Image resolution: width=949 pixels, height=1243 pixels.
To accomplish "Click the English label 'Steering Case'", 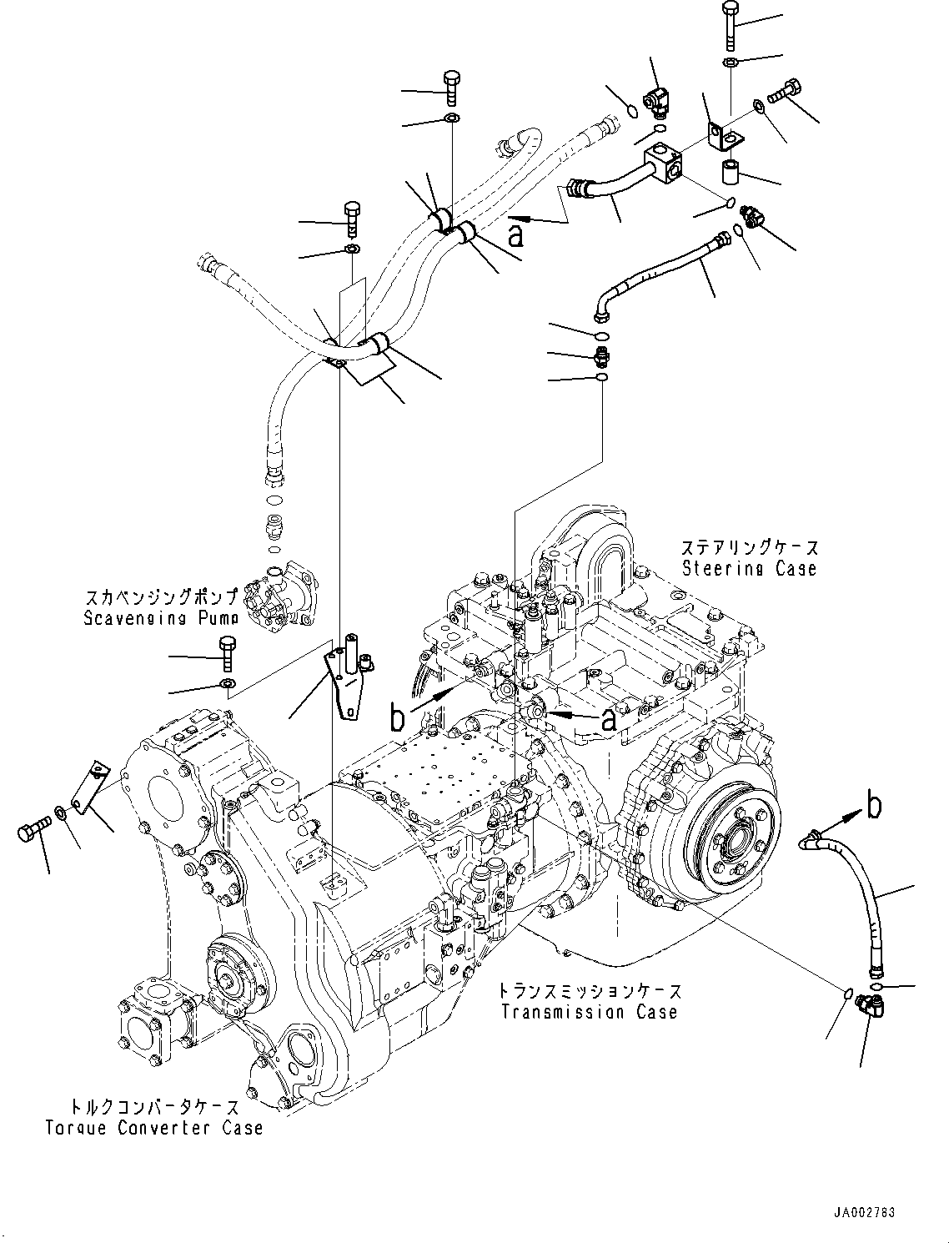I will [x=749, y=569].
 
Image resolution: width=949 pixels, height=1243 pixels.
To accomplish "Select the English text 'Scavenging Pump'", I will [x=160, y=618].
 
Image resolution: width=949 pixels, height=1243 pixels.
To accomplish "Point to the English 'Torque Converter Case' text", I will [x=154, y=1128].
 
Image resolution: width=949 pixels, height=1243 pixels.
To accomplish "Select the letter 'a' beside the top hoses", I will [x=518, y=234].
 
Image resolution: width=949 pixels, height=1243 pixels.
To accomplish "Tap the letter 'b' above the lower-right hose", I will [x=873, y=807].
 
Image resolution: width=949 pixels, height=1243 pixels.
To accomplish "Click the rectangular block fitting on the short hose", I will [x=665, y=163].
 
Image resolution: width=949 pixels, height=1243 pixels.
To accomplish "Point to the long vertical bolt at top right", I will [x=729, y=24].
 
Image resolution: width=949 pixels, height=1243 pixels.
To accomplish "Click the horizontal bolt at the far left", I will [x=34, y=832].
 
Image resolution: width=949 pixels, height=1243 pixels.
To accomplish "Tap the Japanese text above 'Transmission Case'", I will [x=590, y=991].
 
